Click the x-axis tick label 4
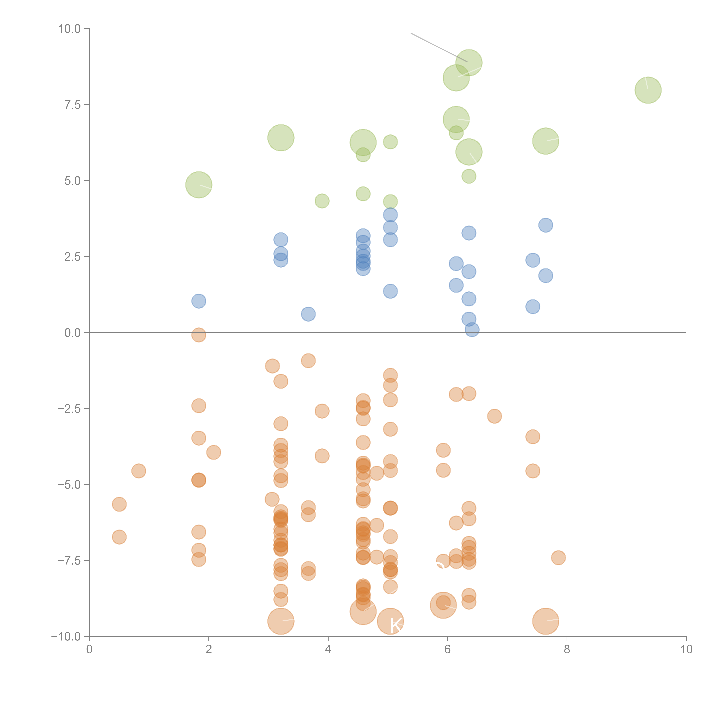(328, 649)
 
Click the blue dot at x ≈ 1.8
(199, 301)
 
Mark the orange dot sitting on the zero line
(199, 335)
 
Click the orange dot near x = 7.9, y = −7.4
(558, 558)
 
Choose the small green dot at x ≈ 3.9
(322, 201)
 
